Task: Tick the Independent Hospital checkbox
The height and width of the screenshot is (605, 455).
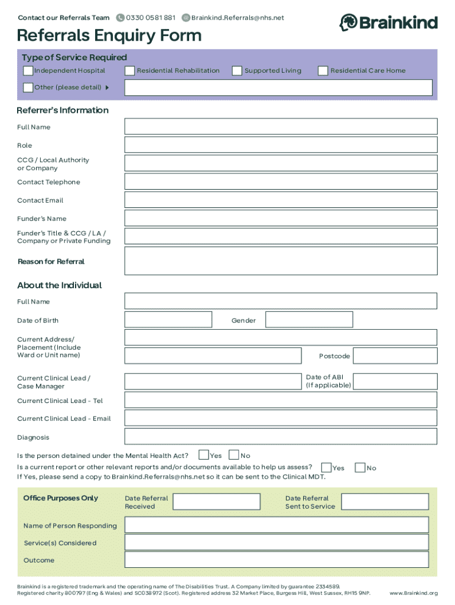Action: click(28, 71)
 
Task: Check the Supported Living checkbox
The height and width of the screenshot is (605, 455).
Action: click(237, 71)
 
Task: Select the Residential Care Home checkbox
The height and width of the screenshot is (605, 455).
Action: click(323, 71)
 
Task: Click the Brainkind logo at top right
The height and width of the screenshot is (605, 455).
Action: click(388, 23)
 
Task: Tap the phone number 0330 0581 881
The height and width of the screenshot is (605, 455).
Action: click(150, 18)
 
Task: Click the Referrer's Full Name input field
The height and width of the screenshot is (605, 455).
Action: click(281, 126)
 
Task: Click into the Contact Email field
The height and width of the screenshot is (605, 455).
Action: click(281, 200)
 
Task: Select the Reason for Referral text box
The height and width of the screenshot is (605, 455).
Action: click(281, 261)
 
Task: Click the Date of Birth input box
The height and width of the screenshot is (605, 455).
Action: click(168, 320)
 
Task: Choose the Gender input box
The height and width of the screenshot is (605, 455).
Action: click(309, 320)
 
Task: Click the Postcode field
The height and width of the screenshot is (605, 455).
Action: click(395, 356)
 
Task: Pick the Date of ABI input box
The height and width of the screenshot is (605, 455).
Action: click(395, 381)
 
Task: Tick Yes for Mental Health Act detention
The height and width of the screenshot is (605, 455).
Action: click(204, 455)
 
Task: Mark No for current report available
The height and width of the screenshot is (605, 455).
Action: click(360, 467)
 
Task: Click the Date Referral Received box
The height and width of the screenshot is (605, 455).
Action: click(216, 502)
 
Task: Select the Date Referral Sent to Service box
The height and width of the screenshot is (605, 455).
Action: click(385, 502)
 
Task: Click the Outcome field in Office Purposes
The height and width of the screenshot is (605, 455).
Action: click(281, 560)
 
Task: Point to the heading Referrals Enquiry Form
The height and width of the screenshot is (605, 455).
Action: click(109, 36)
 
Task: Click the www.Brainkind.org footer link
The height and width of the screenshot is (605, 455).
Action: click(414, 593)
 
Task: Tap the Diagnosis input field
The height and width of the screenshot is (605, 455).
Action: click(281, 437)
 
